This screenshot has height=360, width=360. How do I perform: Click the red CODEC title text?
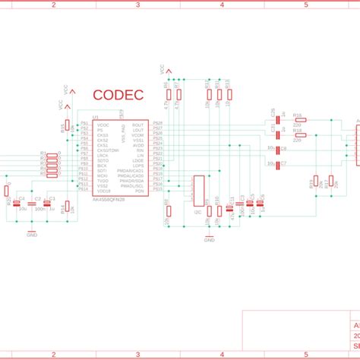tap(118, 96)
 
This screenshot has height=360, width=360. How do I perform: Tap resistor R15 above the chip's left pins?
tap(67, 125)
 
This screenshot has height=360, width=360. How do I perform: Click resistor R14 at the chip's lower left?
tap(67, 206)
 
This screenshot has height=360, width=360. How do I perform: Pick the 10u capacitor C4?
tap(18, 204)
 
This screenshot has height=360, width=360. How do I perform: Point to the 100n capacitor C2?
tap(33, 204)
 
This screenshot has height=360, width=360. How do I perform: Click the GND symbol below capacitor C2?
tap(32, 232)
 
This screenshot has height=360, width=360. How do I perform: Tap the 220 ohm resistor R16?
tap(298, 120)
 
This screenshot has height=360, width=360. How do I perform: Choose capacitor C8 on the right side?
tap(278, 150)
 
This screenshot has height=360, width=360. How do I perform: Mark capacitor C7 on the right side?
tap(278, 163)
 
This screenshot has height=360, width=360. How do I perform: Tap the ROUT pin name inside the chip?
tap(137, 125)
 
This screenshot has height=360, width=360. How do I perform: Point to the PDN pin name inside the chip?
tap(139, 191)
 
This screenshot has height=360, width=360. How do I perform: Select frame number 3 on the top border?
tap(137, 4)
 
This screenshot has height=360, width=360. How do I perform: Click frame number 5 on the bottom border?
tap(306, 355)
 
